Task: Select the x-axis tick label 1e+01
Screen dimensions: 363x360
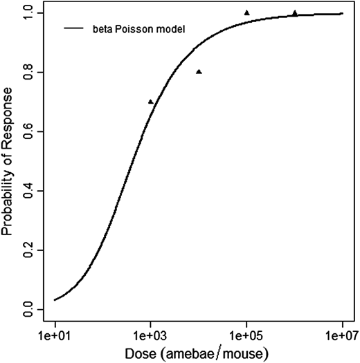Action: (55, 335)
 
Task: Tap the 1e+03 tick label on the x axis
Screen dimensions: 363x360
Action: (150, 335)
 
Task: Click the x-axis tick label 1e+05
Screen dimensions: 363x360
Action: (246, 335)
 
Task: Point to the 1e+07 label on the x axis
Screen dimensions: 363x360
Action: (342, 335)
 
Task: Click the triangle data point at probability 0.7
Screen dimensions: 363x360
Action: (151, 102)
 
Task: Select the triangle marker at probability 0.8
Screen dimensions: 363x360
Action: (199, 72)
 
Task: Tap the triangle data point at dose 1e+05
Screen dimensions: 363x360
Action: (247, 12)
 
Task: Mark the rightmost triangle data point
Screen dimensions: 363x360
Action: (295, 12)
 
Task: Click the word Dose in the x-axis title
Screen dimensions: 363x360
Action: (138, 354)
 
